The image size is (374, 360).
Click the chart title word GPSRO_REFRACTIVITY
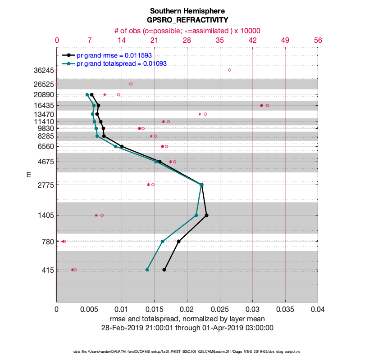click(187, 20)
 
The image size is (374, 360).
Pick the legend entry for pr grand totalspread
click(122, 63)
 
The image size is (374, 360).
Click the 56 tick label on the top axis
click(318, 40)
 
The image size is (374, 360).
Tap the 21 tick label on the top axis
click(155, 40)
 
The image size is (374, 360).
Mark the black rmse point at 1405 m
click(206, 215)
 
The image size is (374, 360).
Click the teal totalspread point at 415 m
click(147, 270)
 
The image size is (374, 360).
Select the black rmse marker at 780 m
click(179, 241)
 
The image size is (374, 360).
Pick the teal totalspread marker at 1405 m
click(196, 215)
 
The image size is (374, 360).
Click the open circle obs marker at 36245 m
click(229, 70)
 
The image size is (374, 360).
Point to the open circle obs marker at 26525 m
click(131, 84)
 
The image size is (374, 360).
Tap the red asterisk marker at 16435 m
click(261, 105)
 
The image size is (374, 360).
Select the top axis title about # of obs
click(187, 31)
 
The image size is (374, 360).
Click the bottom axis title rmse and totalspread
click(187, 319)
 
